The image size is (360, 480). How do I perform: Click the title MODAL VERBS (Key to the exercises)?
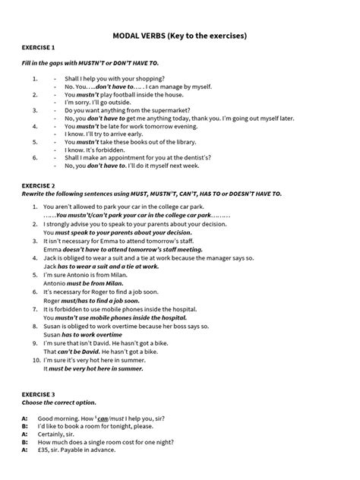(180, 35)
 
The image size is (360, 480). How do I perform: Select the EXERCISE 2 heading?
(39, 185)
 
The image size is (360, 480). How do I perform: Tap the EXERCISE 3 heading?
(39, 395)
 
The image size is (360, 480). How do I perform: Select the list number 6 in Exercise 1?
(35, 157)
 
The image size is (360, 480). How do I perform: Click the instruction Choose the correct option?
(58, 403)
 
